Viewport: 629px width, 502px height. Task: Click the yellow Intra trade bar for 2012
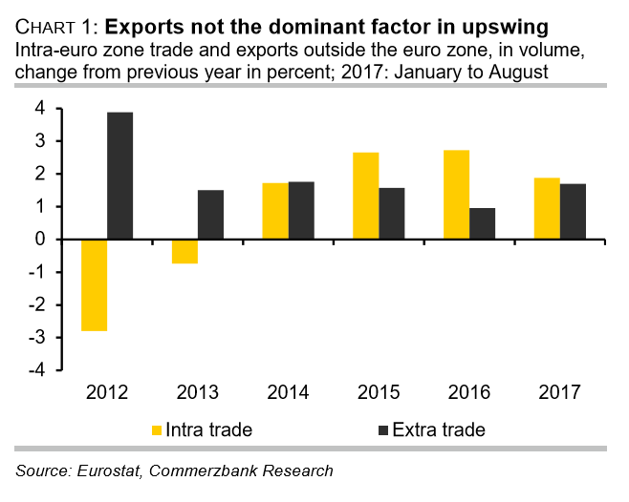(x=93, y=285)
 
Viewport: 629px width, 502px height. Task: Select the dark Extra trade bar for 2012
(x=119, y=176)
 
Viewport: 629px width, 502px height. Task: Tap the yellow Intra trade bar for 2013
(x=184, y=251)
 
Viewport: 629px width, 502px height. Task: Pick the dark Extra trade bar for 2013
(x=211, y=215)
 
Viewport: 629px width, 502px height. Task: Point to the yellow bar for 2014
(x=275, y=211)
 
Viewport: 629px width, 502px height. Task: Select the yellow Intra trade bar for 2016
(x=458, y=195)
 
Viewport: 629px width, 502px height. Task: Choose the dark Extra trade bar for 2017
(x=574, y=211)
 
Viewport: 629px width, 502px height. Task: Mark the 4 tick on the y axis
(x=41, y=109)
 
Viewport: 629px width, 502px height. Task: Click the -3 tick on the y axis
(x=38, y=337)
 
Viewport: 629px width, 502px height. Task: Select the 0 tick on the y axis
(x=41, y=240)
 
